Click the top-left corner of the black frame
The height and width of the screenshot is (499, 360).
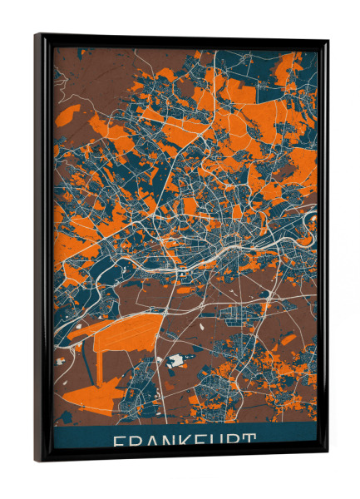click(37, 35)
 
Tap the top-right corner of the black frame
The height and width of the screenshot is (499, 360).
click(328, 40)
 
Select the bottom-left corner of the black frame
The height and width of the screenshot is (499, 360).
click(37, 462)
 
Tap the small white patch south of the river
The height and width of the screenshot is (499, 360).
click(175, 361)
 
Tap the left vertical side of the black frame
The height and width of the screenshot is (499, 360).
click(42, 249)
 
